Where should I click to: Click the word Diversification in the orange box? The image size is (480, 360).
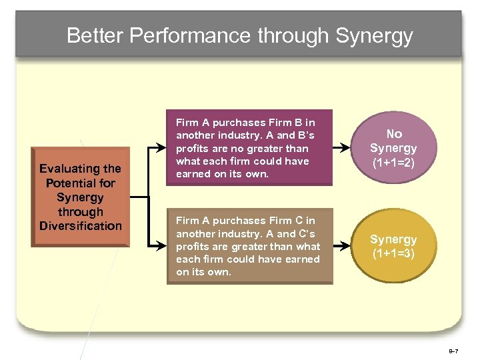[81, 226]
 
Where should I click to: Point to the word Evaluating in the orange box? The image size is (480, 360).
[81, 169]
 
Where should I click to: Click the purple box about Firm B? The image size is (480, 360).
[249, 148]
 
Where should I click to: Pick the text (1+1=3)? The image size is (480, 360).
[393, 254]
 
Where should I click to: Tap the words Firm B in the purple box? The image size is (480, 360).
[289, 123]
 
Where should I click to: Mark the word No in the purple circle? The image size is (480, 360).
[393, 134]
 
